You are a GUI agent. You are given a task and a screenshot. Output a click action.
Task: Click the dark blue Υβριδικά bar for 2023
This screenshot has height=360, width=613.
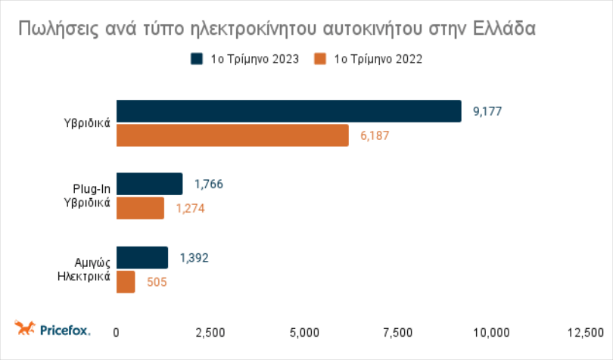289,111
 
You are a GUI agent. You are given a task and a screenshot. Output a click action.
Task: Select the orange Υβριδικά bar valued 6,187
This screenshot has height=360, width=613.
232,135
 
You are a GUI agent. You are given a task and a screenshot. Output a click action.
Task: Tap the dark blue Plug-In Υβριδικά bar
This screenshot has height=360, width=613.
149,184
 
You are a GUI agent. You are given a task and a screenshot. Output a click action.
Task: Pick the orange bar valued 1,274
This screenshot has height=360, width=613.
140,208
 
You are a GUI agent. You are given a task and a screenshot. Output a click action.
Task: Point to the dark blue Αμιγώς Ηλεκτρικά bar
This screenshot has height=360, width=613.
142,258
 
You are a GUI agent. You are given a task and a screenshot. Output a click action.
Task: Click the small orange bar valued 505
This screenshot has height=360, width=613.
126,282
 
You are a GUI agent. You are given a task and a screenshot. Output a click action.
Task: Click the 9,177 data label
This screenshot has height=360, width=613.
487,111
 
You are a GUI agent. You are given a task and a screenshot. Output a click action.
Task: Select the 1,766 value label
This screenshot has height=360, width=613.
209,184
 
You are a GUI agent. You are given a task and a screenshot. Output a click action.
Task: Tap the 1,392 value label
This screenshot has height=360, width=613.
194,258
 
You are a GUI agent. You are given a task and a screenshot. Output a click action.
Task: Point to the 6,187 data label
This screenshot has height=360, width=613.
375,135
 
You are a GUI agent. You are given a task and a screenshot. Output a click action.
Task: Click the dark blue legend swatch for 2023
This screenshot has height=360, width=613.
197,59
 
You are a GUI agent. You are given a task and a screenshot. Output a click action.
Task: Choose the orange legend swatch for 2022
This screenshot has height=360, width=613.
320,59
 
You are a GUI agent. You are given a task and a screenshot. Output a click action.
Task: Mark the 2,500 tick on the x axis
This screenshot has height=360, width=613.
210,333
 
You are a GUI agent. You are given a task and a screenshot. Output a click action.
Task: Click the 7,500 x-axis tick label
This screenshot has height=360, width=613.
398,333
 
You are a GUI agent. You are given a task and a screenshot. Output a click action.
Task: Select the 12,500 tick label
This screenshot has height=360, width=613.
586,333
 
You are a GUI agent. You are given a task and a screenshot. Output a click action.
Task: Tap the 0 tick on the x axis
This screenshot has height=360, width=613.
116,333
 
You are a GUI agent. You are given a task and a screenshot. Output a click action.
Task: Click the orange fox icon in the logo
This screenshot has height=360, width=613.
25,327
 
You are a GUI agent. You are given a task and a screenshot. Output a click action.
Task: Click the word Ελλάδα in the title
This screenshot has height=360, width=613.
504,28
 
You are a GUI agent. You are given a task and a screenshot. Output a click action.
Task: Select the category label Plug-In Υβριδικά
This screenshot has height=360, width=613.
87,196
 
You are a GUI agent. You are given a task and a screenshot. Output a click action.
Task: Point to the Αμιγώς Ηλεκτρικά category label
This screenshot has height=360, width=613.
84,269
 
